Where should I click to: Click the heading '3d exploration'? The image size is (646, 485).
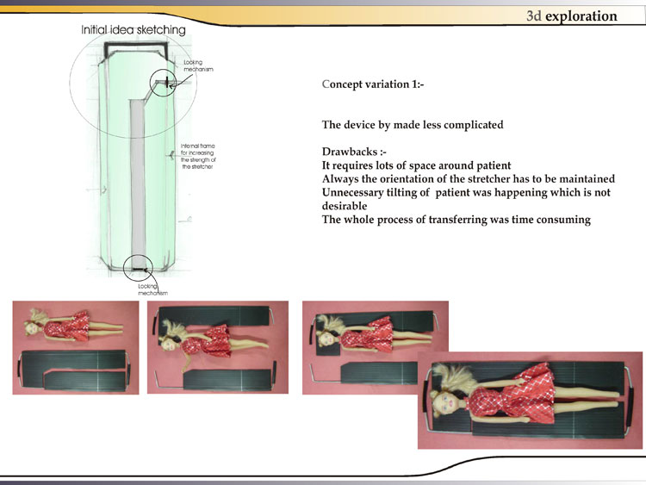coord(572,16)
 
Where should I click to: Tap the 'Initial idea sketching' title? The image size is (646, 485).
coord(133,30)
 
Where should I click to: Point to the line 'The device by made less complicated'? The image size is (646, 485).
coord(413,125)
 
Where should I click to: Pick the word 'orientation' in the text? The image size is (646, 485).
coord(403,179)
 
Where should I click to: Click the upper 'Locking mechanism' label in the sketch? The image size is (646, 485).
coord(194,65)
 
